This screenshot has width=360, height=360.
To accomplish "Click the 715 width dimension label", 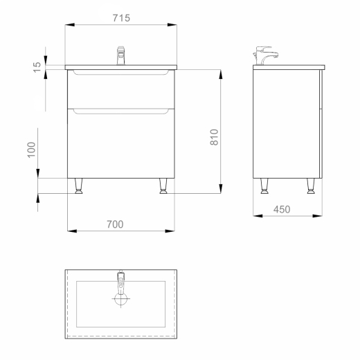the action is (x=121, y=18).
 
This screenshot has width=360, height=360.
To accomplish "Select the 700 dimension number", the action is (x=115, y=224).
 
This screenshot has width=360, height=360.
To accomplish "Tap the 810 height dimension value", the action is (x=214, y=137).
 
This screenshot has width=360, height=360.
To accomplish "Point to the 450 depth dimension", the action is (x=282, y=210).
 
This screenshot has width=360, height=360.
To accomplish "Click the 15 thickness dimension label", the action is (x=37, y=67).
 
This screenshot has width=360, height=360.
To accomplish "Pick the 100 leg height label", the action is (x=31, y=150).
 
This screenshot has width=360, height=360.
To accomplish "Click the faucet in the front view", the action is (x=120, y=55).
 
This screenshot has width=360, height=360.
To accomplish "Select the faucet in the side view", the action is (x=265, y=55).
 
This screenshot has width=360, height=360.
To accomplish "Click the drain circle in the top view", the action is (x=120, y=298).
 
